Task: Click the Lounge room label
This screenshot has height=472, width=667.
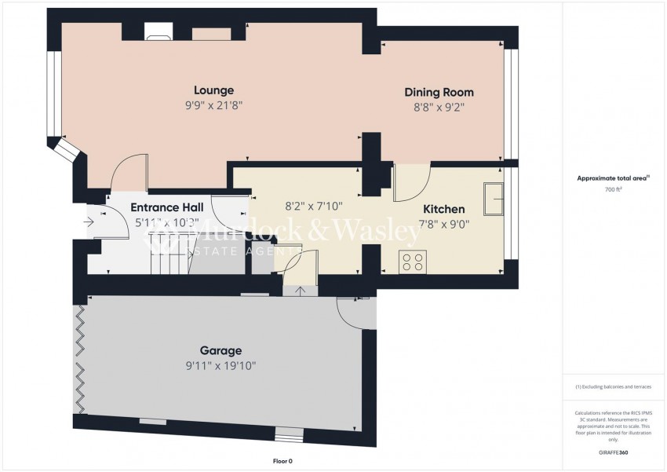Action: (x=214, y=90)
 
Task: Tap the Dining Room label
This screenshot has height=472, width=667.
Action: (x=439, y=93)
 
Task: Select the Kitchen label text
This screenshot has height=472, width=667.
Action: (x=444, y=210)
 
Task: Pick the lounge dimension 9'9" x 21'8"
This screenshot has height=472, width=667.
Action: (x=214, y=105)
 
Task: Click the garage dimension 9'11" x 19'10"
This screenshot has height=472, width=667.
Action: (x=221, y=366)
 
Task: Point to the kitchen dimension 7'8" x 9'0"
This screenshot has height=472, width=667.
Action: (x=443, y=225)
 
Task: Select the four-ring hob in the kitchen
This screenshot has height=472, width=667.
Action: (x=413, y=261)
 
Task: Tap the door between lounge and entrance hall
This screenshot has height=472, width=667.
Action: (x=128, y=172)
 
